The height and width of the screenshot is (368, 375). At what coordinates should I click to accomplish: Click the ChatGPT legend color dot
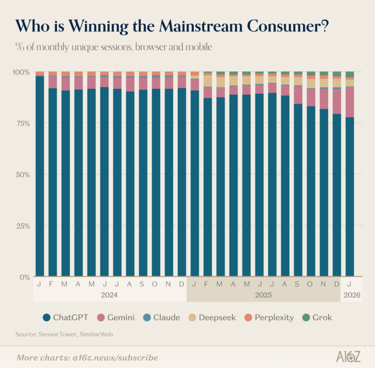click(47, 318)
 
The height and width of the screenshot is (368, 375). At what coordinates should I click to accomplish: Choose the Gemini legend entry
click(116, 318)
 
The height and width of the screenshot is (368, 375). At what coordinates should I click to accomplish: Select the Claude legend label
click(167, 318)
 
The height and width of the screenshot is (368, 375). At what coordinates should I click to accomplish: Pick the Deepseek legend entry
click(217, 318)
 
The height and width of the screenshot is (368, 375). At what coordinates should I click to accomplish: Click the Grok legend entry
click(322, 318)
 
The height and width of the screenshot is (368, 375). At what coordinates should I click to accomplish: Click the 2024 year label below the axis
click(109, 295)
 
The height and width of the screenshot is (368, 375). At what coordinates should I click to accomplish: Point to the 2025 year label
click(263, 295)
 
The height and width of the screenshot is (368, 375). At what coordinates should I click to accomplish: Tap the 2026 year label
click(350, 295)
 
